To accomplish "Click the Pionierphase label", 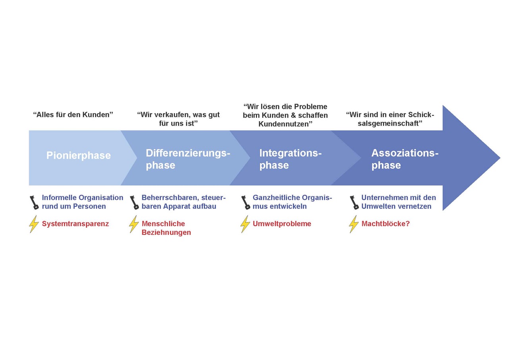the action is click(78, 155).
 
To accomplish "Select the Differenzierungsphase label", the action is click(188, 159).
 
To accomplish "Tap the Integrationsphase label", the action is click(290, 159).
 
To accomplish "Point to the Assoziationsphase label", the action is click(405, 159).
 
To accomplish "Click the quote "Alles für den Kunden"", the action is click(73, 114).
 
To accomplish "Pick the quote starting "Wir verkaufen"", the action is click(178, 119).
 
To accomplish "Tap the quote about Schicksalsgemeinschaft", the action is click(390, 119).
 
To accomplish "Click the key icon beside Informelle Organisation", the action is click(34, 202).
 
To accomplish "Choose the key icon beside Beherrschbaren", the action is click(134, 202).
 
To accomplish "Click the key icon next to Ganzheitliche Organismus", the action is click(246, 202).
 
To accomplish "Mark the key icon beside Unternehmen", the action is click(354, 202).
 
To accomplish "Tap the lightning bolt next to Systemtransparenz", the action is click(34, 224).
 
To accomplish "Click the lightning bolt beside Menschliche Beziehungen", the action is click(134, 224).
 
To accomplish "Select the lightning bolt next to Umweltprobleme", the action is click(245, 224).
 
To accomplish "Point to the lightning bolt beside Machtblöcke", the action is click(354, 224).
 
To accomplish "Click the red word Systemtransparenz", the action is click(75, 224).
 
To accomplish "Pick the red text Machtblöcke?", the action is click(385, 224).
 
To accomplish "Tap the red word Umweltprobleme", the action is click(282, 224).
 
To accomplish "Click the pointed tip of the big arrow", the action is click(500, 158).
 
